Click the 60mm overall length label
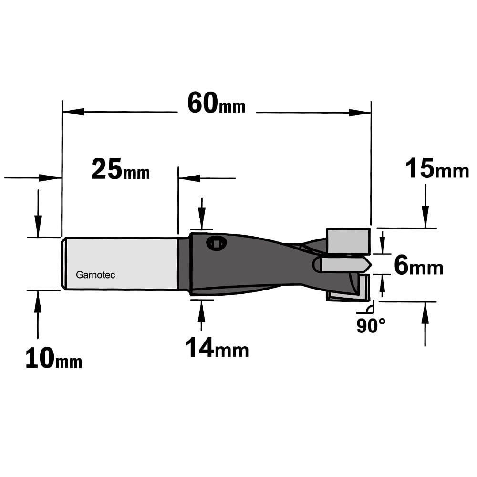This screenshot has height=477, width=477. (216, 104)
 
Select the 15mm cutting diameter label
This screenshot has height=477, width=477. (437, 169)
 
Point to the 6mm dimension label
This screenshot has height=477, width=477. (419, 266)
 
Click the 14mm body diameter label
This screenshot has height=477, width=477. (217, 348)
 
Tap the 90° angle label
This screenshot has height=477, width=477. (371, 326)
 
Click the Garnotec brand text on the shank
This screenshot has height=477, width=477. (95, 275)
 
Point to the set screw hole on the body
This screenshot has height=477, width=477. (216, 244)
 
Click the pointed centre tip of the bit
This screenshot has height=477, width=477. (371, 265)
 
